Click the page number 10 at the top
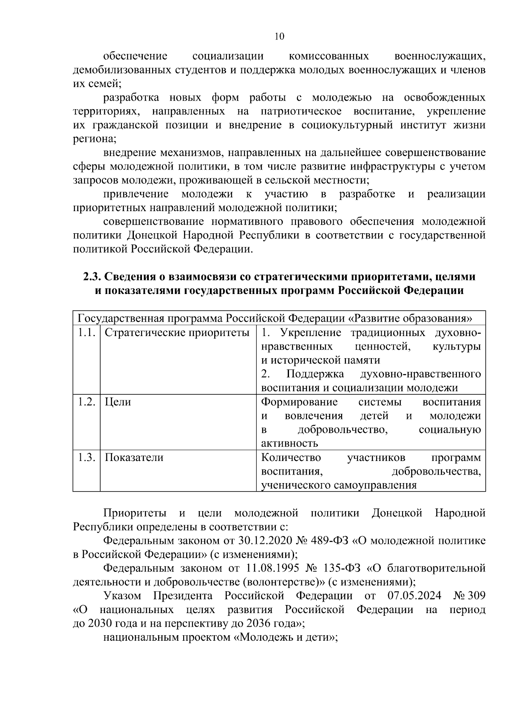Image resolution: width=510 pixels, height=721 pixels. tap(279, 37)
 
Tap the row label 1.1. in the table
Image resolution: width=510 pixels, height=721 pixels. tap(86, 333)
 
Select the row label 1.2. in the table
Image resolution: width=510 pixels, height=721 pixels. tap(86, 402)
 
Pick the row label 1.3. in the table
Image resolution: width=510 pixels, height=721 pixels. tap(86, 458)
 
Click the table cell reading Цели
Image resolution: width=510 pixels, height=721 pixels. tap(118, 402)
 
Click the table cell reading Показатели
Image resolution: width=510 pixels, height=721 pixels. tap(134, 458)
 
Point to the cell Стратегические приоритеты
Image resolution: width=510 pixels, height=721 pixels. tap(177, 333)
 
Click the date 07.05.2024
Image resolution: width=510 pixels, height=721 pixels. tap(414, 596)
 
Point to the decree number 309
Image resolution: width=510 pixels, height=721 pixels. tap(476, 596)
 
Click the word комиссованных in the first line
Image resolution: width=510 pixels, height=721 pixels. tap(329, 57)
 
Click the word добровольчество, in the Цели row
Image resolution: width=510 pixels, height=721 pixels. tap(343, 430)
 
